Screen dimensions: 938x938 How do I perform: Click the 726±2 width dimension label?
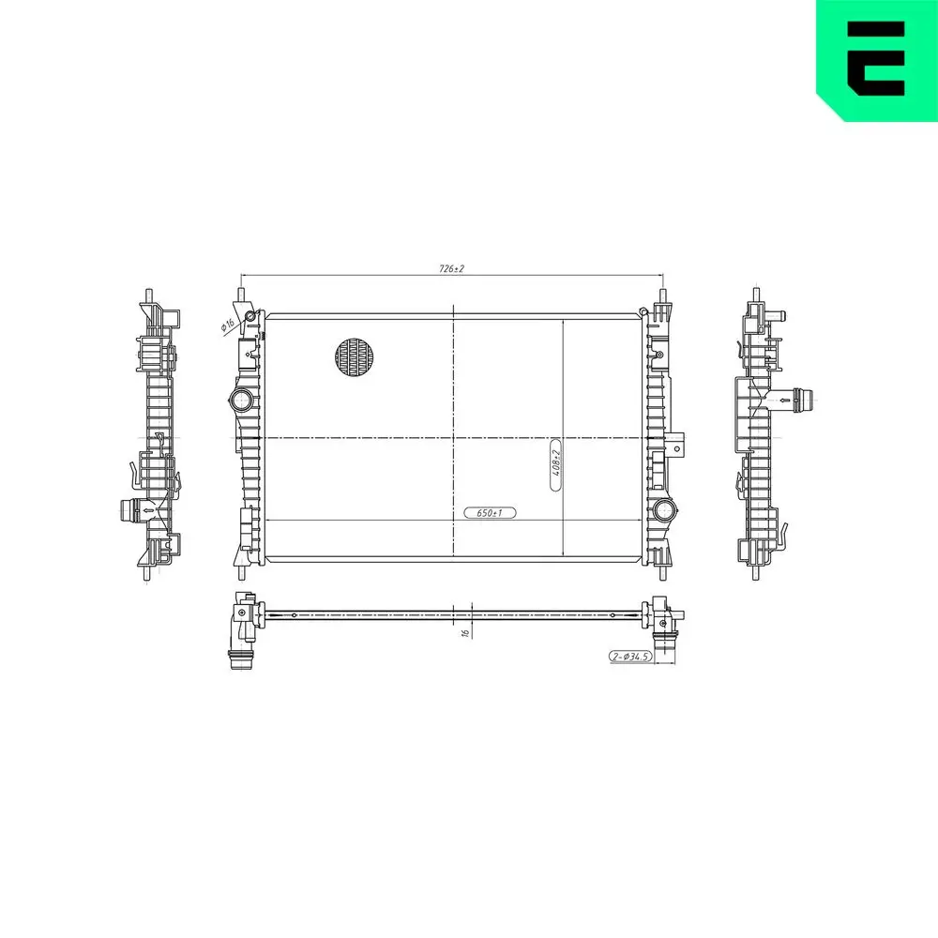452,268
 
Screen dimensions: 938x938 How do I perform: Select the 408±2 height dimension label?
555,462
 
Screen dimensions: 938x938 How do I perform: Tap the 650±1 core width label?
490,513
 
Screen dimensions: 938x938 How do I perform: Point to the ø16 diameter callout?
227,325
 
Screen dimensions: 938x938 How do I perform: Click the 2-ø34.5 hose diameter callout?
630,657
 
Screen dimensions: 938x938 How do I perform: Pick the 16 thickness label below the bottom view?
466,631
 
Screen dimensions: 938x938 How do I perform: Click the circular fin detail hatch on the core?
355,356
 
